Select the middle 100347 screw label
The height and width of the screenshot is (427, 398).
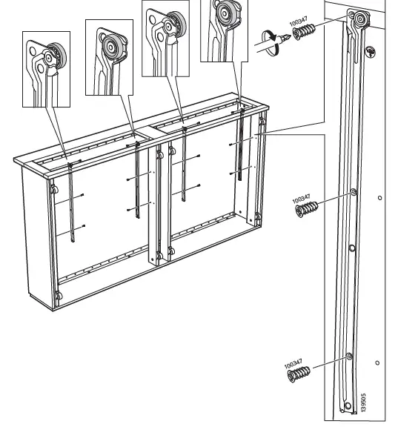(x=300, y=200)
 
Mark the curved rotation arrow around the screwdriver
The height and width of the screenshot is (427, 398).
(x=270, y=39)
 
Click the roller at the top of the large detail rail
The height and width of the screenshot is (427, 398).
(x=359, y=20)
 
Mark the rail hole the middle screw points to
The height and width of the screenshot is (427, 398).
(x=352, y=193)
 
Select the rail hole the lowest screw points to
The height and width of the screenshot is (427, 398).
(x=348, y=357)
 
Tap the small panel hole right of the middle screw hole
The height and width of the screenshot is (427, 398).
(x=380, y=198)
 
